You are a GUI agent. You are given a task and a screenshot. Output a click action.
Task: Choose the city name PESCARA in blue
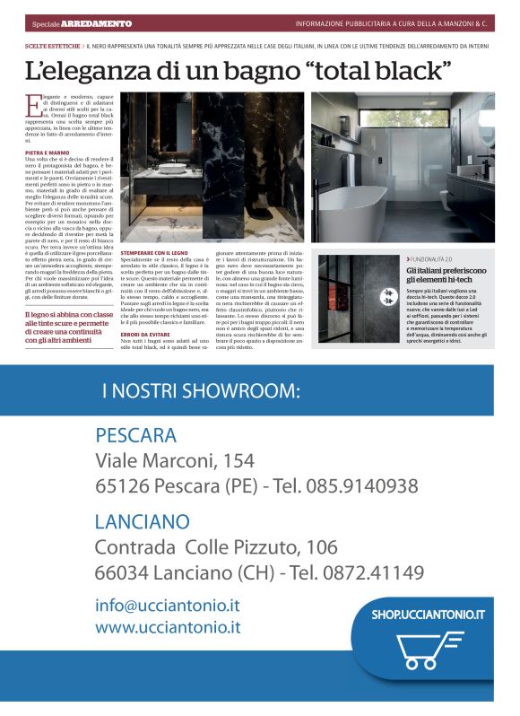pos(135,436)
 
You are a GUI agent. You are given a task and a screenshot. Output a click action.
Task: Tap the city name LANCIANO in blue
pos(142,521)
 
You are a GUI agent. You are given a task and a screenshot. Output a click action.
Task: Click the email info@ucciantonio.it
pos(168,605)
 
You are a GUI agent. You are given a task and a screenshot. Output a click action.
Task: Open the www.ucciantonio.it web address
pos(168,627)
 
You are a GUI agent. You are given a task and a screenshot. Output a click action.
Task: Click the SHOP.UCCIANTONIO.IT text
pos(428,615)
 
